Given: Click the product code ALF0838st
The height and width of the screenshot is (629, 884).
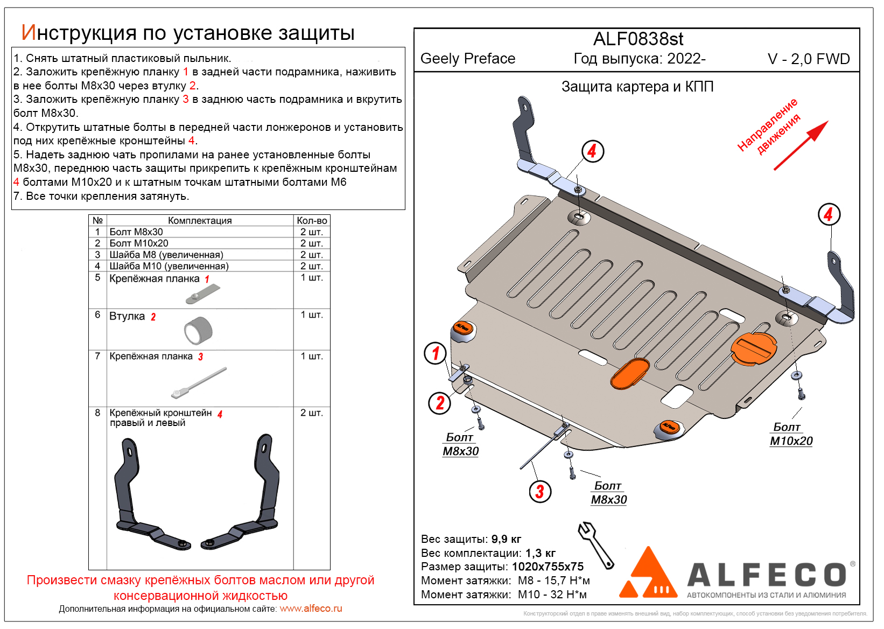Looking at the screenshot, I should click(638, 39).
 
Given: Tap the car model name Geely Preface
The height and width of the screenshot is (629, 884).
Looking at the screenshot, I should click(468, 59).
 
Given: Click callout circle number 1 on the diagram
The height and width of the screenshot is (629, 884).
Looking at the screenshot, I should click(436, 353).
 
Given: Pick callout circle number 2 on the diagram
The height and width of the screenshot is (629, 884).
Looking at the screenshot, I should click(439, 403).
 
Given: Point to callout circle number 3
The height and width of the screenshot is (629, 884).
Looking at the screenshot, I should click(539, 491).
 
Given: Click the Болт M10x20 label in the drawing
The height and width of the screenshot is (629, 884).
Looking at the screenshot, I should click(790, 434).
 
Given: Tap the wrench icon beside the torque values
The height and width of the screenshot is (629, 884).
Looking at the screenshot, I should click(595, 544).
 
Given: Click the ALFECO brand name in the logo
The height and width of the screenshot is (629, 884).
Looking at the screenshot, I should click(767, 575).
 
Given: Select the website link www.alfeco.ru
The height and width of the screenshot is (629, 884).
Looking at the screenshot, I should click(311, 609).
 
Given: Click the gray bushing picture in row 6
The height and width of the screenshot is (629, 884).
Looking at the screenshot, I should click(198, 330).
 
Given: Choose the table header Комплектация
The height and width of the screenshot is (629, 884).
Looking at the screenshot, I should click(200, 220).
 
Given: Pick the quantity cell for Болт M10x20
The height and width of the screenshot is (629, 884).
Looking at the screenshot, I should click(311, 243).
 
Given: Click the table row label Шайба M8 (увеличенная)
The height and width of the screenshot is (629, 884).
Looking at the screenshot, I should click(166, 255).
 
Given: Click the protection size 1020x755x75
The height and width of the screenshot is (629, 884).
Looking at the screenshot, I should click(548, 567).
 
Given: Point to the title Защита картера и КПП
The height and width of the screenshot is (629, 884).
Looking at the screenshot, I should click(637, 87).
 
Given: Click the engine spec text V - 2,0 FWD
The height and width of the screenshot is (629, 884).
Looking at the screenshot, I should click(808, 59).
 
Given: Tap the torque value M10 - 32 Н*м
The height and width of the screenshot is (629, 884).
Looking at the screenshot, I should click(552, 595).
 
